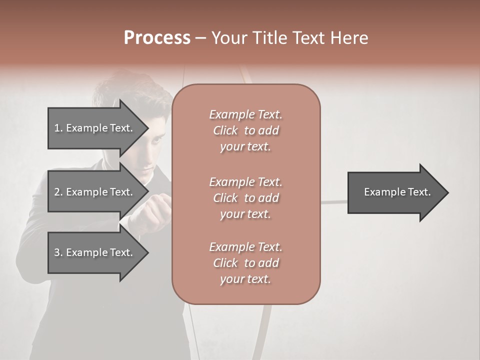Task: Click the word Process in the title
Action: (x=157, y=38)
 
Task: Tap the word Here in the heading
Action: (x=350, y=38)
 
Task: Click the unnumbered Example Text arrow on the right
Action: (x=395, y=192)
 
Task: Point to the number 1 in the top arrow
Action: (x=57, y=128)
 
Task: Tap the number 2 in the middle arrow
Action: (x=57, y=192)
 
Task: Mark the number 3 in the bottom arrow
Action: (x=57, y=252)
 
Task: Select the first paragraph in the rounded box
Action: (x=245, y=130)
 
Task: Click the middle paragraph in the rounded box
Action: (x=245, y=197)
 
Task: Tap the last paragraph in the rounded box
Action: (x=245, y=263)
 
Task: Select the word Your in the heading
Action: (x=228, y=38)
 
